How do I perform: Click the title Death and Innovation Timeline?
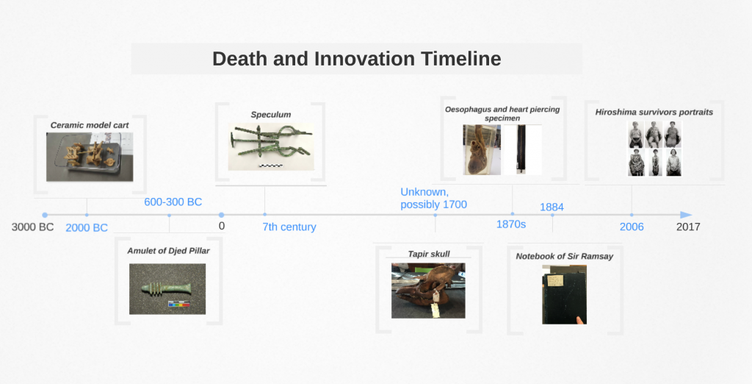pos(356,59)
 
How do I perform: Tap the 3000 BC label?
pos(32,227)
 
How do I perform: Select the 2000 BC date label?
pos(87,228)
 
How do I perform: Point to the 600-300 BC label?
pos(173,202)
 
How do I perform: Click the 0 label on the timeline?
pos(222,226)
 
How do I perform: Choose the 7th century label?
pos(289,227)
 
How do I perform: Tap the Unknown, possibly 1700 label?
pos(433,199)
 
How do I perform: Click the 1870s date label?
pos(511,224)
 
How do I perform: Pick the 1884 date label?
pos(552,207)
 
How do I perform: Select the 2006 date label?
pos(631,227)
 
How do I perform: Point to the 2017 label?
pos(688,227)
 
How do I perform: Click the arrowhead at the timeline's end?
pos(687,215)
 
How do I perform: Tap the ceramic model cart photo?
pos(90,157)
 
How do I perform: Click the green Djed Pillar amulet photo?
pos(167,289)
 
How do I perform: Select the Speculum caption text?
pos(271,114)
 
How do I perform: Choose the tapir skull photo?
pos(428,291)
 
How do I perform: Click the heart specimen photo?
pos(482,150)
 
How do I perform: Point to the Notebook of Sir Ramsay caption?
pos(565,256)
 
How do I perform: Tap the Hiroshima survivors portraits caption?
pos(654,112)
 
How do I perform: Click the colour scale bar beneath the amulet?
pos(179,305)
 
